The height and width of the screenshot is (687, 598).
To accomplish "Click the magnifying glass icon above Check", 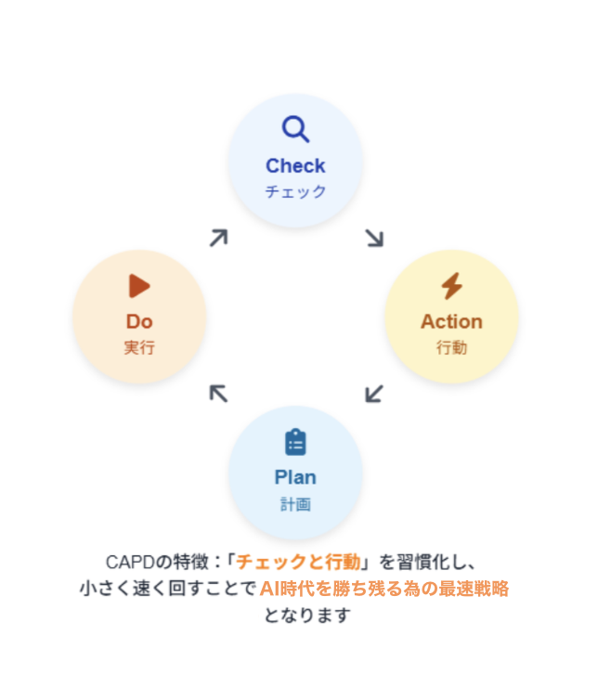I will pos(295,129).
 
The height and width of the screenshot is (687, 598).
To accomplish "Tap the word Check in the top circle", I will pos(295,165).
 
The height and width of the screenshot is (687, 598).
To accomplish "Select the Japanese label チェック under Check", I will pos(295,192).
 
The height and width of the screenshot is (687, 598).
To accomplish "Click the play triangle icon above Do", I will pos(139,286).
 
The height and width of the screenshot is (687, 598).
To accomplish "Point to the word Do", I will pos(139,321).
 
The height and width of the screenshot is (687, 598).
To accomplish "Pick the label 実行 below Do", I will pos(139,348).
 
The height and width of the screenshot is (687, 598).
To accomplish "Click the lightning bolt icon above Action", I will pos(451,286).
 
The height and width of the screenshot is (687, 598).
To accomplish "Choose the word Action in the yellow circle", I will pos(451,321).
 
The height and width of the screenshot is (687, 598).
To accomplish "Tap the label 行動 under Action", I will pos(451,348).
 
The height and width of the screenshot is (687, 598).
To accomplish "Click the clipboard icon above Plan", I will pos(295,442).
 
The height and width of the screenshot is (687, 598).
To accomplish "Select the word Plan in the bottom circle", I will pos(295,477).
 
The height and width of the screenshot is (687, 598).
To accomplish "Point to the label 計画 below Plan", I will pos(295,504).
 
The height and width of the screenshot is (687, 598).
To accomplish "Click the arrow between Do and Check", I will pos(218,238).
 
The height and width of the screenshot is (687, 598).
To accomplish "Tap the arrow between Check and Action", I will pos(373,238).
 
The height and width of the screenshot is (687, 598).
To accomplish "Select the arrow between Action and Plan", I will pos(373,394).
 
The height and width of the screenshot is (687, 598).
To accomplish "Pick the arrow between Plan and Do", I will pos(218,394).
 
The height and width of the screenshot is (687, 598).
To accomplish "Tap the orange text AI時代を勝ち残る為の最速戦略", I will pos(383,588).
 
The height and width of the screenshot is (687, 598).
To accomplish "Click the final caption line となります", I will pos(306,615).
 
